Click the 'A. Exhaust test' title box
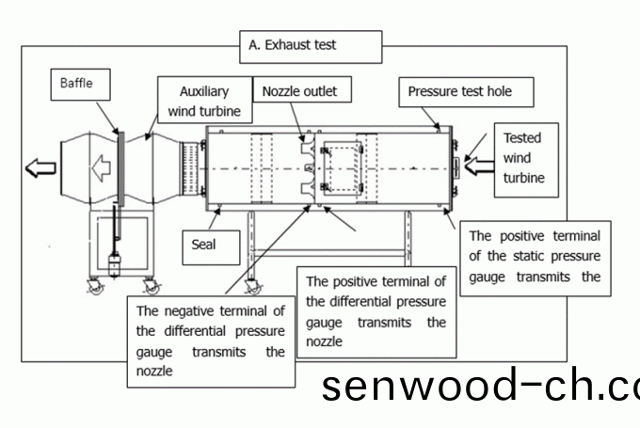point(312,44)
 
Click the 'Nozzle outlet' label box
point(299,91)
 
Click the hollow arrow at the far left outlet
point(40,169)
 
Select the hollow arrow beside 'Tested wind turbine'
point(477,167)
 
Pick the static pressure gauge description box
point(534,256)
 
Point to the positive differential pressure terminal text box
point(376,310)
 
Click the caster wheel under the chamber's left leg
point(251,287)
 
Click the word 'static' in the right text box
point(527,256)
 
